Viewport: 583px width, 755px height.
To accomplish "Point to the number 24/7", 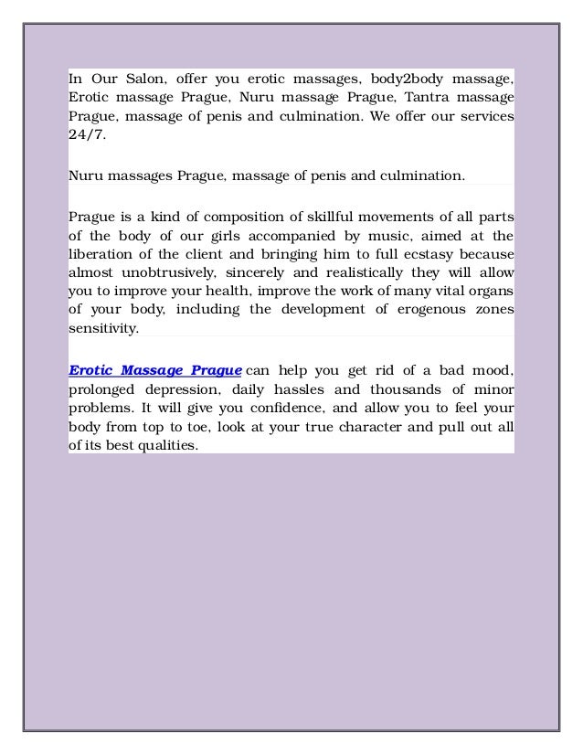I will point(87,136).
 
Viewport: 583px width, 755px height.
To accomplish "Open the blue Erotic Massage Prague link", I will point(155,370).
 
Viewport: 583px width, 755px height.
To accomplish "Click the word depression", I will point(180,389).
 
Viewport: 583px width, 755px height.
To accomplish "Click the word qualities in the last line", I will point(166,447).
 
